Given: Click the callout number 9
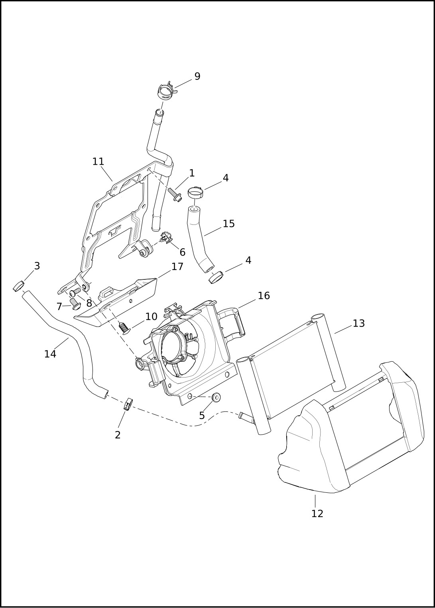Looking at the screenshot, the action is (x=197, y=77).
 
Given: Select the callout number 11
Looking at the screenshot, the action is (x=98, y=162).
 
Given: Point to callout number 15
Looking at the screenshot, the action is (x=228, y=224).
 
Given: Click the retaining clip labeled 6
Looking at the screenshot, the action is (x=166, y=238).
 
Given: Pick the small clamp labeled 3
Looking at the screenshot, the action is (x=18, y=287).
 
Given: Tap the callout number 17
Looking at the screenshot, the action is (x=177, y=267).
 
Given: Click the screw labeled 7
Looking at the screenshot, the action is (x=75, y=303).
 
